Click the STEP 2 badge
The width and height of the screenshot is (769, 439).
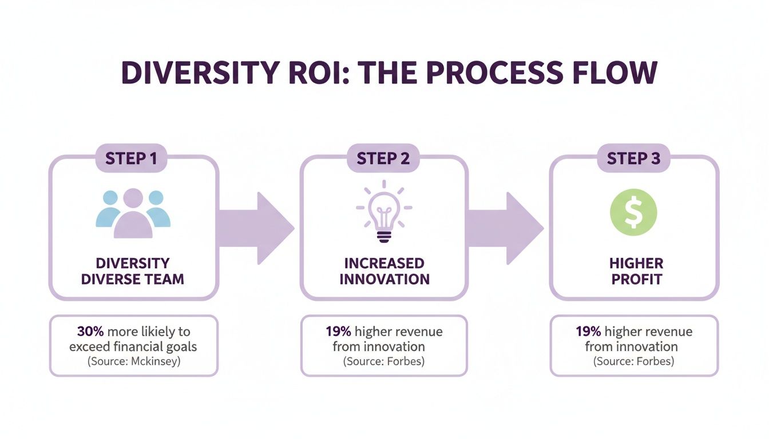pyautogui.click(x=383, y=158)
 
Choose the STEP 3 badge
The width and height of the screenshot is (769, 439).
pyautogui.click(x=633, y=158)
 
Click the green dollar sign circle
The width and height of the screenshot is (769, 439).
pyautogui.click(x=634, y=213)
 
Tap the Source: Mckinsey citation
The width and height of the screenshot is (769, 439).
pyautogui.click(x=133, y=361)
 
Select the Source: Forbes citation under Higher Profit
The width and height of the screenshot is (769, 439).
pyautogui.click(x=634, y=361)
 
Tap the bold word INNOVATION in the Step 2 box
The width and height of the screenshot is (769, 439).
pyautogui.click(x=384, y=280)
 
